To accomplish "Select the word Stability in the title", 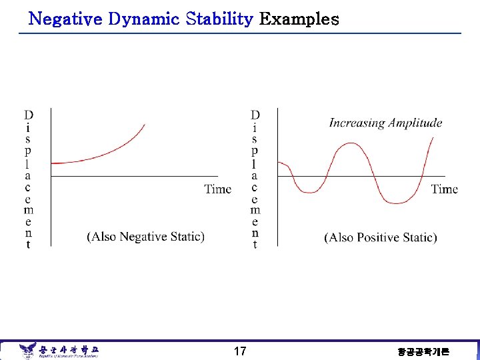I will pyautogui.click(x=219, y=19).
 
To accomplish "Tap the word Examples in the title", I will pyautogui.click(x=299, y=19).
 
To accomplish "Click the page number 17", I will pyautogui.click(x=239, y=351).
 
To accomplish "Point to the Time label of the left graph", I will pyautogui.click(x=217, y=189).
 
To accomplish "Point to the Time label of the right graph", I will pyautogui.click(x=444, y=189).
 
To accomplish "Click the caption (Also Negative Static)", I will pyautogui.click(x=146, y=237).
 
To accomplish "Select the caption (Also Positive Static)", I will pyautogui.click(x=381, y=237).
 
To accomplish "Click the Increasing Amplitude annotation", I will pyautogui.click(x=385, y=123).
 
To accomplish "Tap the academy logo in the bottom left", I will pyautogui.click(x=28, y=350).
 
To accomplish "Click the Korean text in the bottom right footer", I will pyautogui.click(x=423, y=351).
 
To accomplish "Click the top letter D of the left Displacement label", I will pyautogui.click(x=29, y=115).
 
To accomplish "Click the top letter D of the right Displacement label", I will pyautogui.click(x=255, y=115).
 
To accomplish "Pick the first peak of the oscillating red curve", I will pyautogui.click(x=350, y=143).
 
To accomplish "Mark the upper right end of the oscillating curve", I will pyautogui.click(x=434, y=137).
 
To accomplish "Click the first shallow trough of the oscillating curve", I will pyautogui.click(x=309, y=193).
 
